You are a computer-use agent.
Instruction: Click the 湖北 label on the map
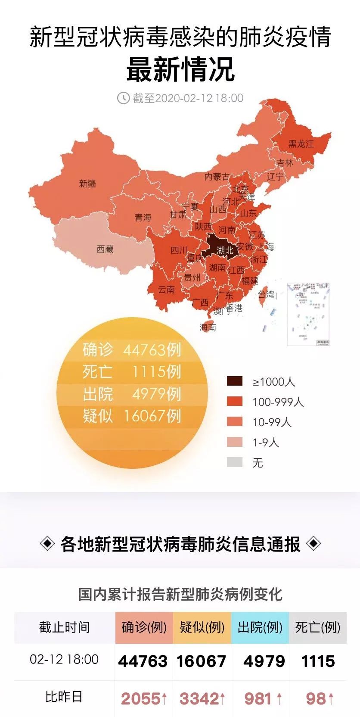(225, 250)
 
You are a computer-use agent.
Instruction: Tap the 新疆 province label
(87, 184)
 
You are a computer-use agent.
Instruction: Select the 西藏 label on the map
(105, 249)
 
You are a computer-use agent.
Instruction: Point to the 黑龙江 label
(301, 143)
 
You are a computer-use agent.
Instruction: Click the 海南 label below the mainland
(208, 327)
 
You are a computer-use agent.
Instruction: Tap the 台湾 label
(266, 294)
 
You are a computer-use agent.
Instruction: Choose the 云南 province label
(166, 290)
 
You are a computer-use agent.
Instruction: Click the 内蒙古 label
(217, 177)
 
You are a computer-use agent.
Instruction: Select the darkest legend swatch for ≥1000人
(235, 381)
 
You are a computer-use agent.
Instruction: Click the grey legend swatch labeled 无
(235, 462)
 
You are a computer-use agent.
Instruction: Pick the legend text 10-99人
(272, 422)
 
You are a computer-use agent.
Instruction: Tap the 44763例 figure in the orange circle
(152, 349)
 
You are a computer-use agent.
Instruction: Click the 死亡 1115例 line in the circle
(132, 371)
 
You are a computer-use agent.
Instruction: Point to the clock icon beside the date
(123, 98)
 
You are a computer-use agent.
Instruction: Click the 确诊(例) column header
(144, 627)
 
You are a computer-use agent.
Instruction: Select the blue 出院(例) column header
(260, 627)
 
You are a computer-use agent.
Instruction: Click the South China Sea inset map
(308, 314)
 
